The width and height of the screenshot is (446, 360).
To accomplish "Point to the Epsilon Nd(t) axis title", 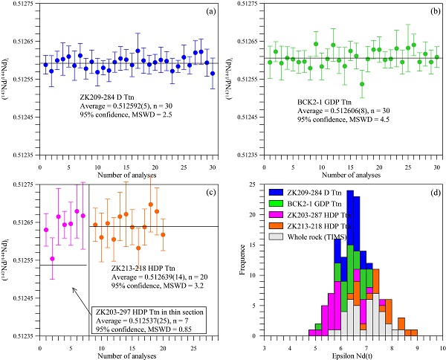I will click(353, 356).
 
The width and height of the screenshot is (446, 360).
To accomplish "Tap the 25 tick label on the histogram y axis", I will click(253, 184).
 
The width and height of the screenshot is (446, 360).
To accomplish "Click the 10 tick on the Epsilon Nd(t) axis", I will click(442, 346).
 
